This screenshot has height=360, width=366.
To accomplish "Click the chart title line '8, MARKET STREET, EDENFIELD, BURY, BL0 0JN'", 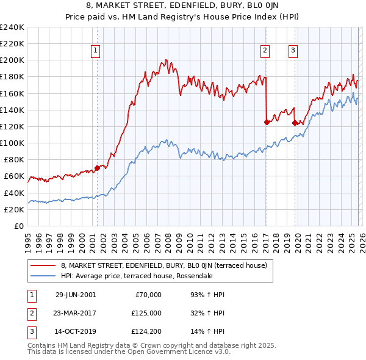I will (183, 7).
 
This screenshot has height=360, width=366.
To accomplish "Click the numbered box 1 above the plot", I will (96, 51).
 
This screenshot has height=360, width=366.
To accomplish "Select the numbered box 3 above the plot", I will (293, 51).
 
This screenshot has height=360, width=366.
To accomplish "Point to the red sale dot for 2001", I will (97, 168).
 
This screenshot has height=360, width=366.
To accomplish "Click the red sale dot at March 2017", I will (267, 122).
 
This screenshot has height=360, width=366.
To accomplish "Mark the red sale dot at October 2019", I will (295, 123).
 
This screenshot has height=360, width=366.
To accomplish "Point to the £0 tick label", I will (19, 226).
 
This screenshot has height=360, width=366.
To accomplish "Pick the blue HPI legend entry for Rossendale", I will (136, 276).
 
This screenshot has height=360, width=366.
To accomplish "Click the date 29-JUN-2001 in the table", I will (76, 295).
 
